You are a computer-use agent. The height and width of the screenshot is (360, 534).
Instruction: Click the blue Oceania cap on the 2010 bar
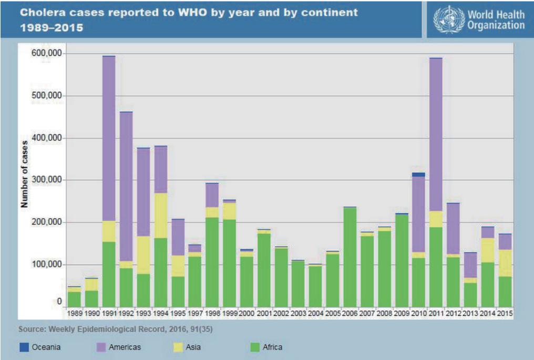[418, 174]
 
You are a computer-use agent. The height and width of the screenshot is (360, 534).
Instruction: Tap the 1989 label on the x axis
[75, 313]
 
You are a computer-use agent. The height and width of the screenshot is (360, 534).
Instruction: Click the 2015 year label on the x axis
[505, 313]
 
